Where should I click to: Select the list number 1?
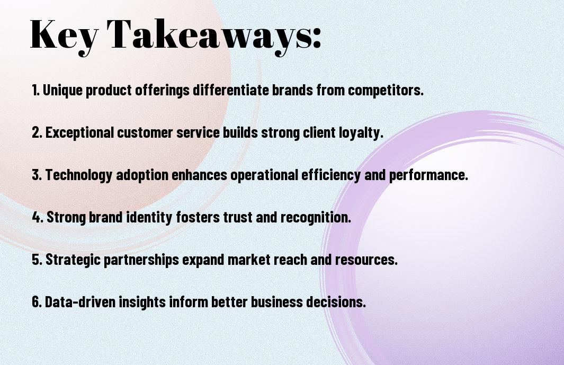click(35, 90)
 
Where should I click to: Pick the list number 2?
click(37, 132)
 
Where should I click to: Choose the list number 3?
click(37, 175)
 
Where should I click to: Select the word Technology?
click(79, 175)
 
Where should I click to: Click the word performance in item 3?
click(428, 175)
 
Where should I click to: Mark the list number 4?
click(38, 217)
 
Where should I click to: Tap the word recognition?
click(316, 217)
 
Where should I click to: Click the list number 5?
click(37, 260)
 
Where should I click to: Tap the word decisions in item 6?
click(336, 301)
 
